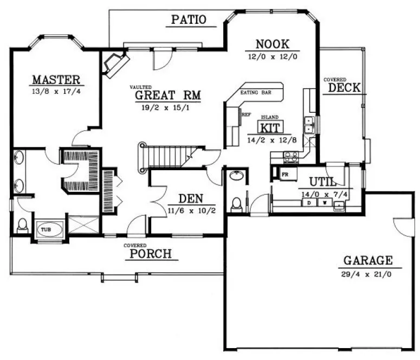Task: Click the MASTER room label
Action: [56, 80]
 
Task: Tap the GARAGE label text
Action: [367, 260]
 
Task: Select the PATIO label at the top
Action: [188, 20]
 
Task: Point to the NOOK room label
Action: [272, 44]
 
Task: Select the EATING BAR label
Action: [259, 93]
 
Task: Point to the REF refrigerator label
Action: [246, 114]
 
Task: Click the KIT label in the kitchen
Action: [269, 128]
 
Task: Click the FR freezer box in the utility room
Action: [284, 174]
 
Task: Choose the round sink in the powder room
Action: [237, 176]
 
